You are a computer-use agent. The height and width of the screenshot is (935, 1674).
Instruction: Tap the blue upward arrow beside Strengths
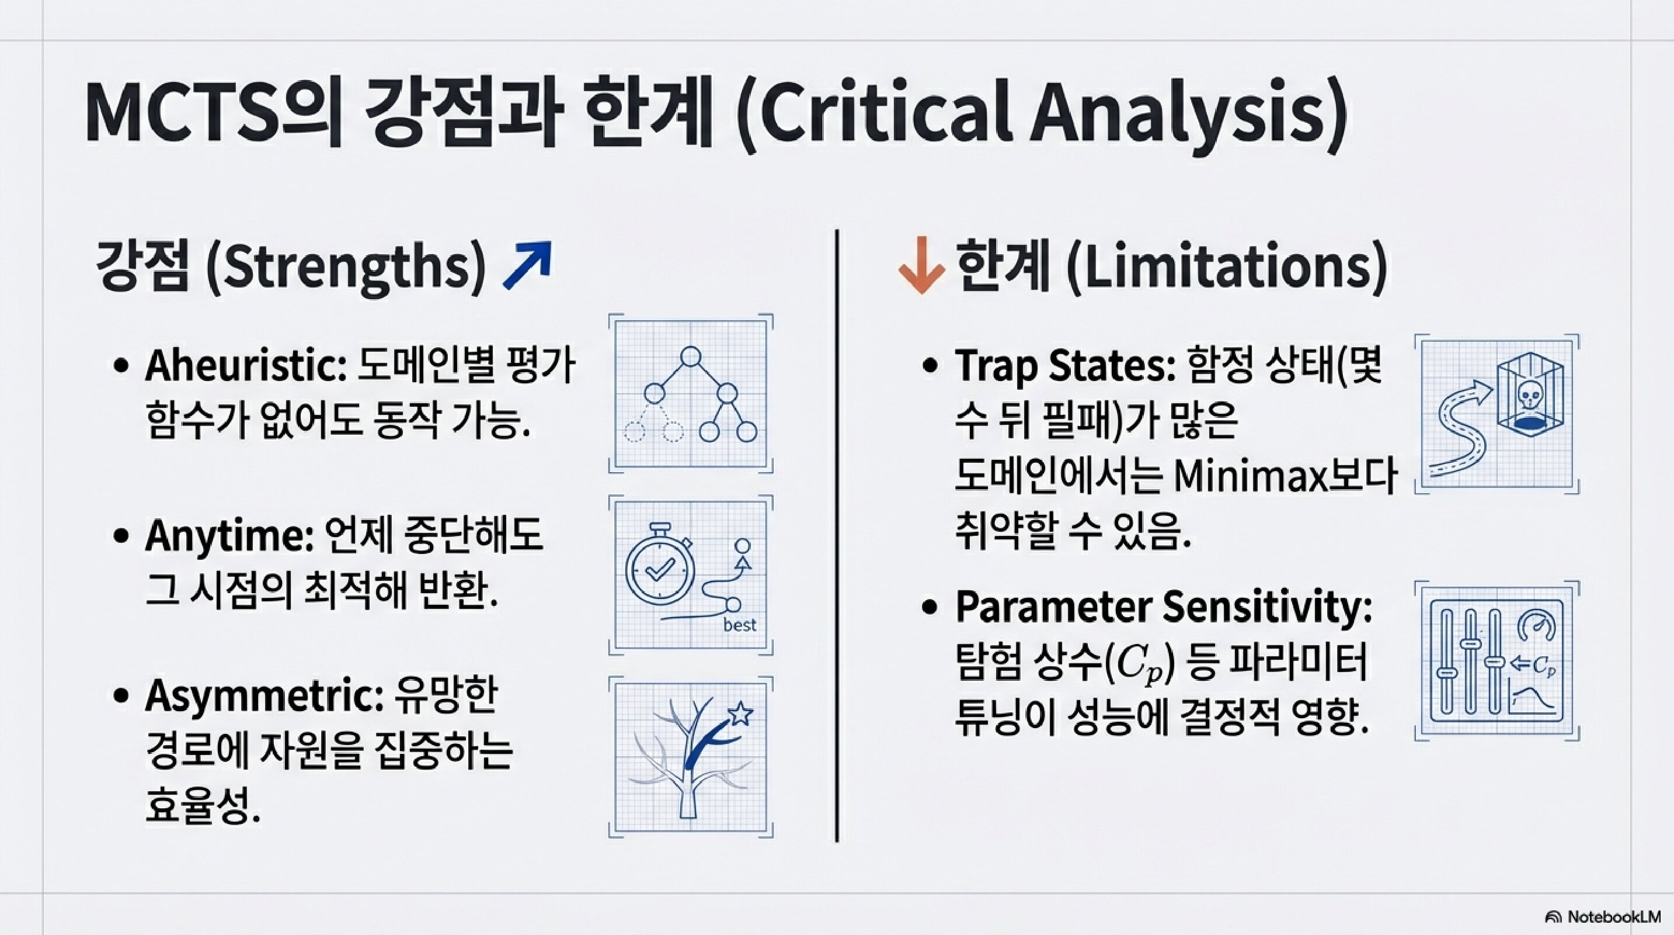point(528,265)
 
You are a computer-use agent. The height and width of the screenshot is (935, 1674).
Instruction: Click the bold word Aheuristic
point(246,365)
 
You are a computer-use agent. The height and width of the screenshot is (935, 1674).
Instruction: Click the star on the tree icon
point(740,714)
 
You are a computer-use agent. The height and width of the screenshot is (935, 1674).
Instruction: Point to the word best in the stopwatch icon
point(740,625)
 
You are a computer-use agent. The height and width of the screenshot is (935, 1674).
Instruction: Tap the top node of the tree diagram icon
point(691,356)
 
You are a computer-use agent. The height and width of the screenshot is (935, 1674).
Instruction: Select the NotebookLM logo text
point(1612,917)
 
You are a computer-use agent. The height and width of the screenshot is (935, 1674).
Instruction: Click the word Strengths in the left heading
point(345,268)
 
